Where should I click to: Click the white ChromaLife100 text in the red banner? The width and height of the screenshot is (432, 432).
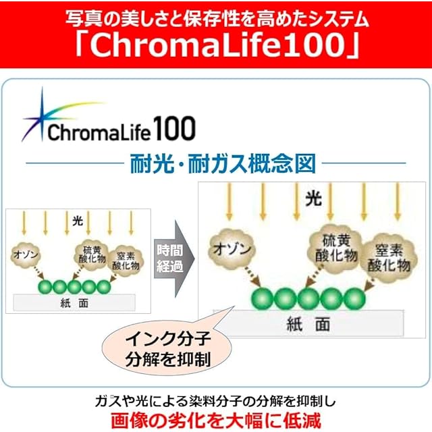point(217,45)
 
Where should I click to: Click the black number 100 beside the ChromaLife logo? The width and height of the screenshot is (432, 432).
point(174,128)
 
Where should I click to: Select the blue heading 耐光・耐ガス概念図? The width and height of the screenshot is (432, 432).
point(223,163)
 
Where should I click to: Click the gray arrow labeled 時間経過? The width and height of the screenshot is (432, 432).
point(174,259)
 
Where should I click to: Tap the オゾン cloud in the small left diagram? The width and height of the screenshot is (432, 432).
point(26,254)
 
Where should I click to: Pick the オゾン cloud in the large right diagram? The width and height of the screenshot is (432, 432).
point(232,248)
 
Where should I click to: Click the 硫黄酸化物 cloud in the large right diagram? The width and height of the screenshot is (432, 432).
point(336,248)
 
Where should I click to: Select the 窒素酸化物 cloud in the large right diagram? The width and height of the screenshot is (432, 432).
point(389,258)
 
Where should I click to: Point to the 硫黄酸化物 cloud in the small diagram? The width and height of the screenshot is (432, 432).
point(92,254)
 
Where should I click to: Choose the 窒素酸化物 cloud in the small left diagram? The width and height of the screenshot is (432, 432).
point(126,261)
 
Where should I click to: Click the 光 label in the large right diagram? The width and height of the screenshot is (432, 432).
point(313,198)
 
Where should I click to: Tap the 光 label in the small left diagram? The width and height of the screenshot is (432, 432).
point(78,221)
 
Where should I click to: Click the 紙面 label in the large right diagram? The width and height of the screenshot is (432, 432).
point(308,324)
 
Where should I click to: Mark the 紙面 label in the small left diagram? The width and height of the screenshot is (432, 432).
point(74,303)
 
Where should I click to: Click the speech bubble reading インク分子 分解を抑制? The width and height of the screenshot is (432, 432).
point(167,348)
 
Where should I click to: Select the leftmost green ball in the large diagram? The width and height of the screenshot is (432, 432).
point(262,298)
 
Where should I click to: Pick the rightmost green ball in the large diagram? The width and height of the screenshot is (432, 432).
point(354,298)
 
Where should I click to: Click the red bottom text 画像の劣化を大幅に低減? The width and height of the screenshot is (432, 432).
point(216,421)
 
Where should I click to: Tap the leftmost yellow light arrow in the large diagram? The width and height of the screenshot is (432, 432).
point(230,202)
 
